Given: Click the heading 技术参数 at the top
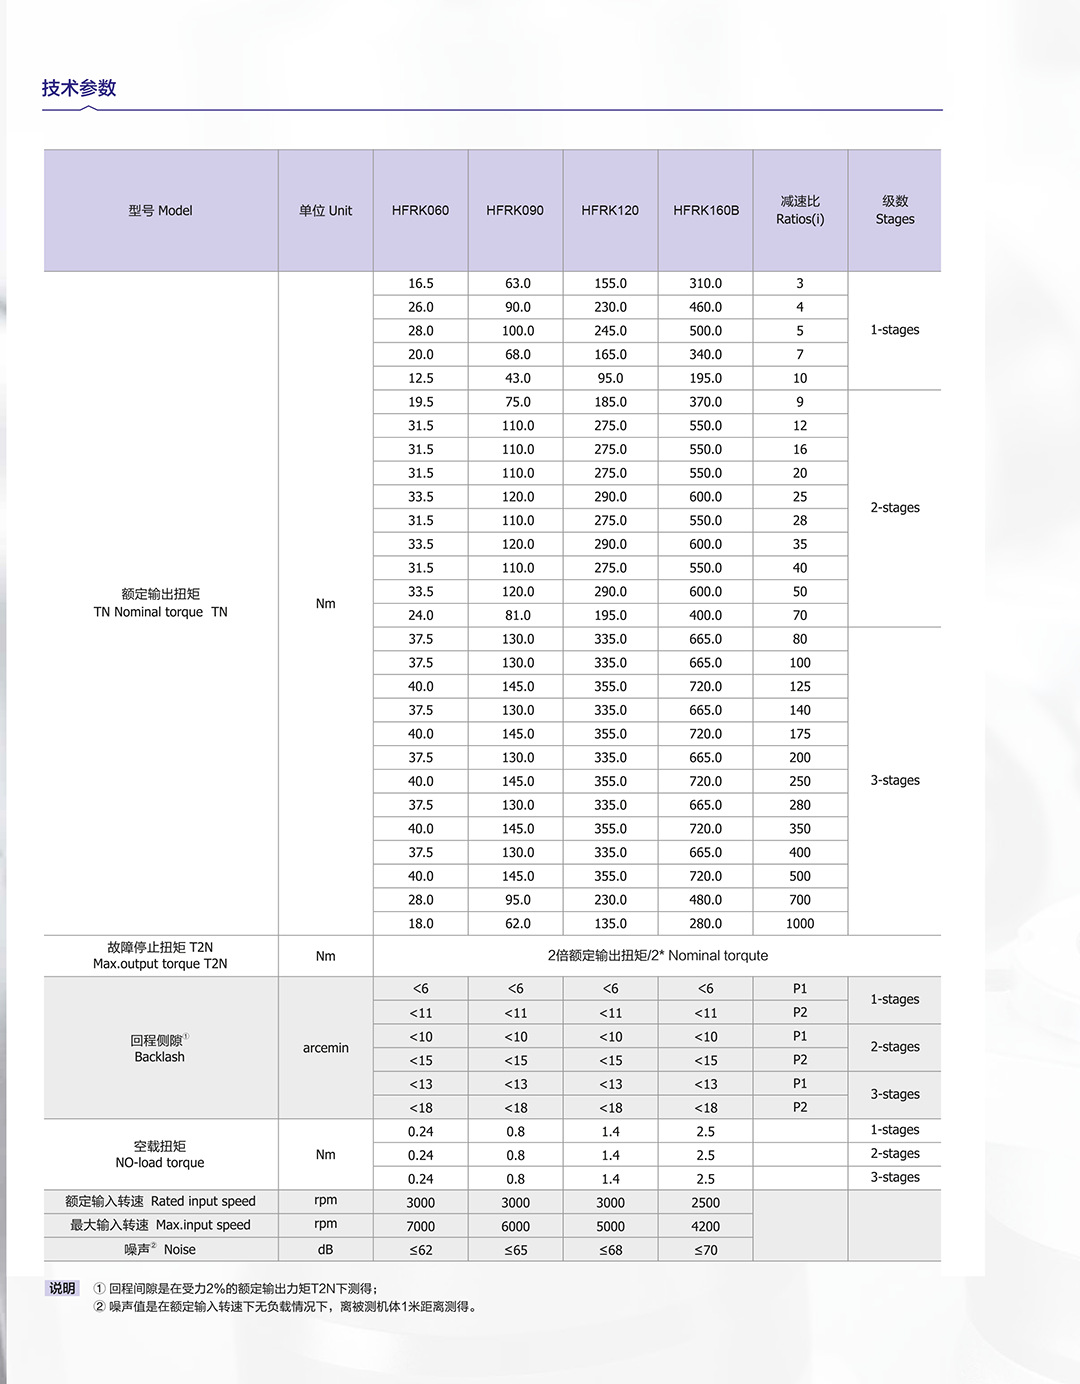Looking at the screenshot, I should pos(79,88).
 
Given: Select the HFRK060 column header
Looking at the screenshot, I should pos(420,211).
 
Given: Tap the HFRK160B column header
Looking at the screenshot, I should pos(706,211).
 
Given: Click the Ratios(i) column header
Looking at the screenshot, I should pos(800,211).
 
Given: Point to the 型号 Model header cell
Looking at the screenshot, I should pos(160,211).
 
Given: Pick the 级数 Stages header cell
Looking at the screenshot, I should pos(895,211).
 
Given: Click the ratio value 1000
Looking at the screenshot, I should pos(800,924).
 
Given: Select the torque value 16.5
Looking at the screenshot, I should pos(421,284).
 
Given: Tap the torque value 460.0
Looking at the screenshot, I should pos(705,308).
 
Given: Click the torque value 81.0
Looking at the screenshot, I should pos(518,616).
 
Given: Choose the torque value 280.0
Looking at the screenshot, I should pos(705,924).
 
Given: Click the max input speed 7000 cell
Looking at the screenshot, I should pos(421,1227).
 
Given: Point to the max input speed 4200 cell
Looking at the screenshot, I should pos(705,1227).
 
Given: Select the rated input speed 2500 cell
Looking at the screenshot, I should pos(705,1203).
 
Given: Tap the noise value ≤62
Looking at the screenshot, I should pos(421,1250).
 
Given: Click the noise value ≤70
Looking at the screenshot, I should pos(705,1250).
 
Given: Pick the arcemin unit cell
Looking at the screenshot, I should pos(326,1048).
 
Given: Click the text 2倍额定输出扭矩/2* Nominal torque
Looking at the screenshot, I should pos(658,956).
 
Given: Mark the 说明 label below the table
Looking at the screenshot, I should pos(62,1289).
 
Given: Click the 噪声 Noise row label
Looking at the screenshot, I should pos(160,1250).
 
